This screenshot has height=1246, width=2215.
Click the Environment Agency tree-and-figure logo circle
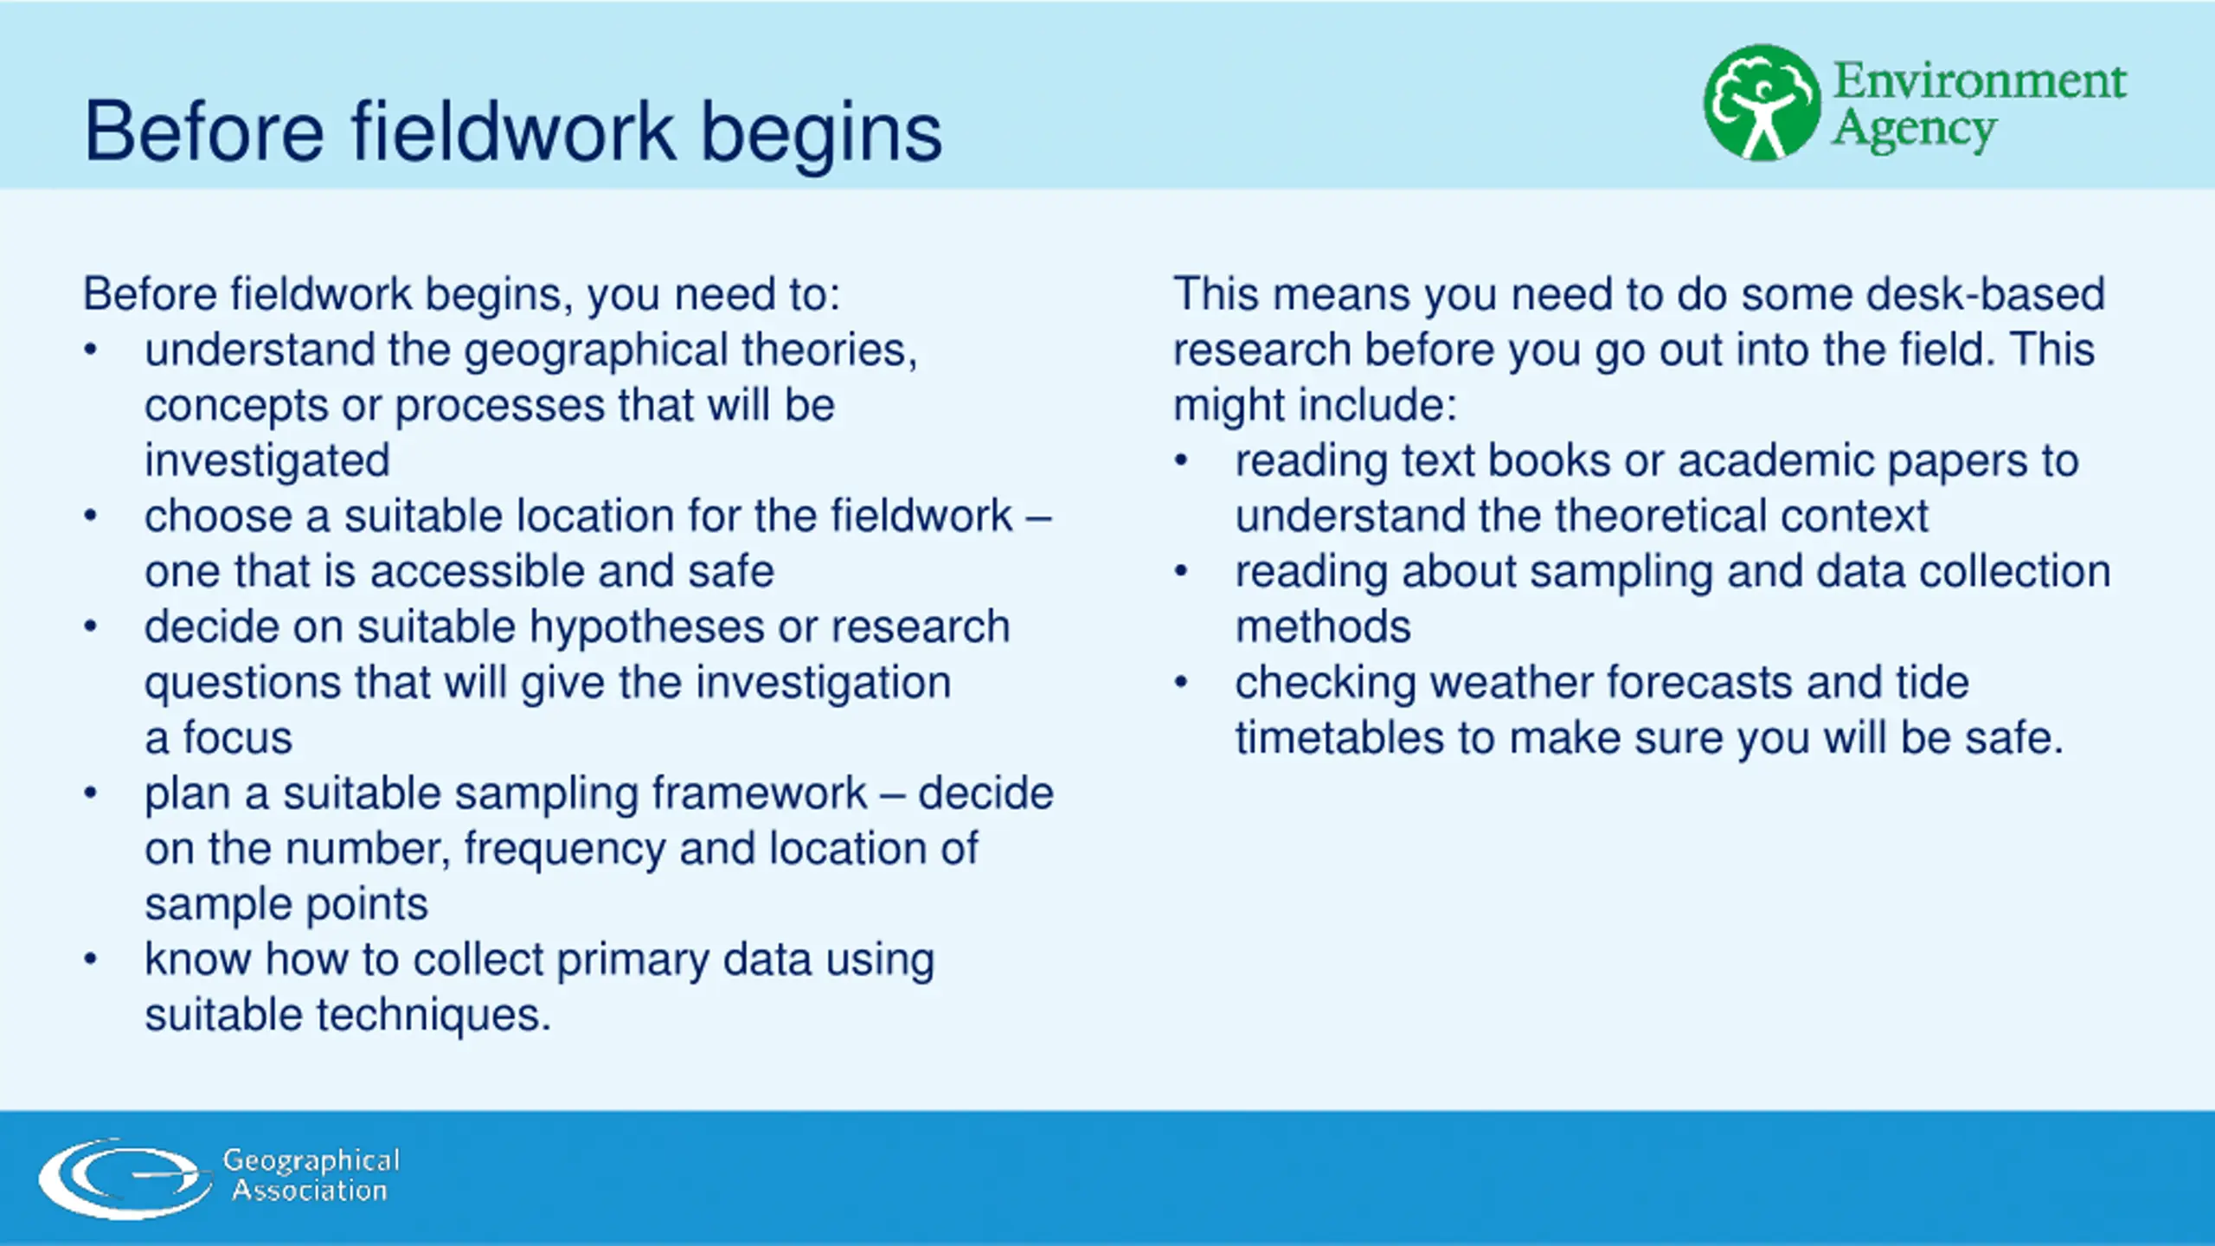1762,103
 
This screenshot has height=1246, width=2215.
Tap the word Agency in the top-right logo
1914,131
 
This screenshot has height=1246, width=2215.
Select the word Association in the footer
310,1191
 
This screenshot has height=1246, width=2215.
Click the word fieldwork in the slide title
512,132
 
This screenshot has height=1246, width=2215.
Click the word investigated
267,460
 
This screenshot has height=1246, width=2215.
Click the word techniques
433,1016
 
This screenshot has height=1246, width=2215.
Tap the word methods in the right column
1323,626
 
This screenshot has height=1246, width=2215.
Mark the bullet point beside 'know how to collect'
91,959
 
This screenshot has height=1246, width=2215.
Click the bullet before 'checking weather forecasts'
1181,682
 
